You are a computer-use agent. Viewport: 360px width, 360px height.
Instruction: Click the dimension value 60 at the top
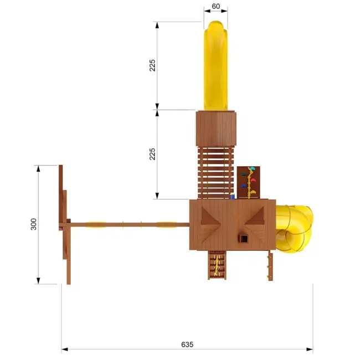point(215,6)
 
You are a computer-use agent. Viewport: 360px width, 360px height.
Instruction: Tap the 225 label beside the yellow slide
point(152,65)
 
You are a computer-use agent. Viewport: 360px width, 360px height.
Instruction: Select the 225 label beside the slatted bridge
point(152,154)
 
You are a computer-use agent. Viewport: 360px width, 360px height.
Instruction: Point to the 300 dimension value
point(34,224)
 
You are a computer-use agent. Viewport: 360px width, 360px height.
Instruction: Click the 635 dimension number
point(187,344)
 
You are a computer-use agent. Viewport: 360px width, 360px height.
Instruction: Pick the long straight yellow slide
point(215,66)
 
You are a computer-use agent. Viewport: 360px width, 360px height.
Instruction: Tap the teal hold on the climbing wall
point(253,169)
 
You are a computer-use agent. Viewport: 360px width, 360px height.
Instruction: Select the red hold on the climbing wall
point(253,180)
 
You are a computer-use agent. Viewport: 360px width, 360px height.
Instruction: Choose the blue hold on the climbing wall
point(243,186)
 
